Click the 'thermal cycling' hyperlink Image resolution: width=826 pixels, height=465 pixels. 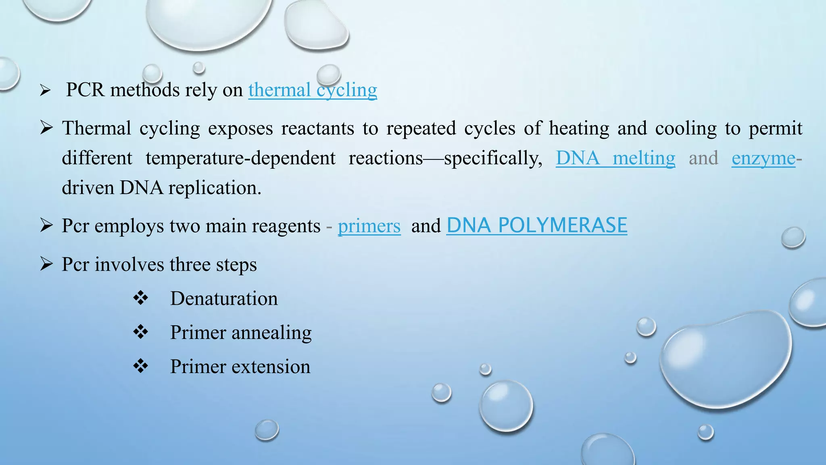(313, 90)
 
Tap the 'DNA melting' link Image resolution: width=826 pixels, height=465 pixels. (615, 158)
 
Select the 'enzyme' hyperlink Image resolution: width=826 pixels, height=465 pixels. (763, 158)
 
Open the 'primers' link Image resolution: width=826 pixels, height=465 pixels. (369, 226)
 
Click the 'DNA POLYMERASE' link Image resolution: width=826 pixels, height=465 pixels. (536, 225)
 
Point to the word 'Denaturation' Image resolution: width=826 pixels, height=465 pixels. (224, 299)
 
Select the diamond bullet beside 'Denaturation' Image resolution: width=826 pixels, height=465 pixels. (140, 298)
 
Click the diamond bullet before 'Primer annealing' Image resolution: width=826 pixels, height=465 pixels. (140, 332)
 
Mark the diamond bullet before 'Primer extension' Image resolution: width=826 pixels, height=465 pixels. (140, 366)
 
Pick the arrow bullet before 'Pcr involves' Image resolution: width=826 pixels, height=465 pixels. (46, 264)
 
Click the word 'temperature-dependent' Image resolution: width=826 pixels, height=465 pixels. (240, 158)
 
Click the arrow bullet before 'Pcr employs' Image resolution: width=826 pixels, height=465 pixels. (46, 225)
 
